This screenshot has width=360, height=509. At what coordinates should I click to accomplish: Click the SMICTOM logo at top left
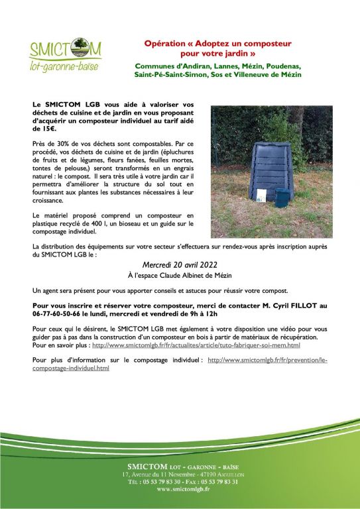65,55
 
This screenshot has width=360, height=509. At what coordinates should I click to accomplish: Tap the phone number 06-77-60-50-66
57,315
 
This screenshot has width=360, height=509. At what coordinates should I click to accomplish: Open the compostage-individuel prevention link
268,359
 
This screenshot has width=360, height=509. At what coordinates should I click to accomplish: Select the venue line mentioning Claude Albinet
180,275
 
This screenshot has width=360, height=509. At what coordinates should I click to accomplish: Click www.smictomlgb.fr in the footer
180,489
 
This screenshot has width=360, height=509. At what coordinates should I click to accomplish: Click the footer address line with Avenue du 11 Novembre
179,475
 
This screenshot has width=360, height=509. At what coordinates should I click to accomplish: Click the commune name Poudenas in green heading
282,67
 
